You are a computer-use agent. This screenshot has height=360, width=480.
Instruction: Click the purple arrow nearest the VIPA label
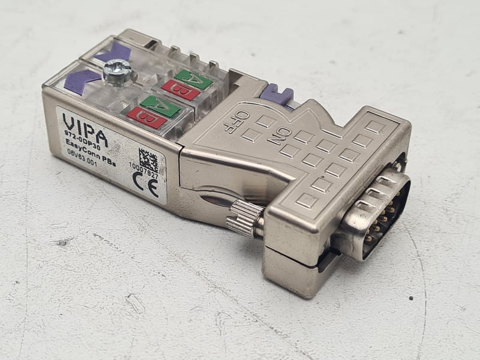point(81,80)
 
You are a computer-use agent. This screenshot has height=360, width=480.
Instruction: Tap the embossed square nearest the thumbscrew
point(304,200)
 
